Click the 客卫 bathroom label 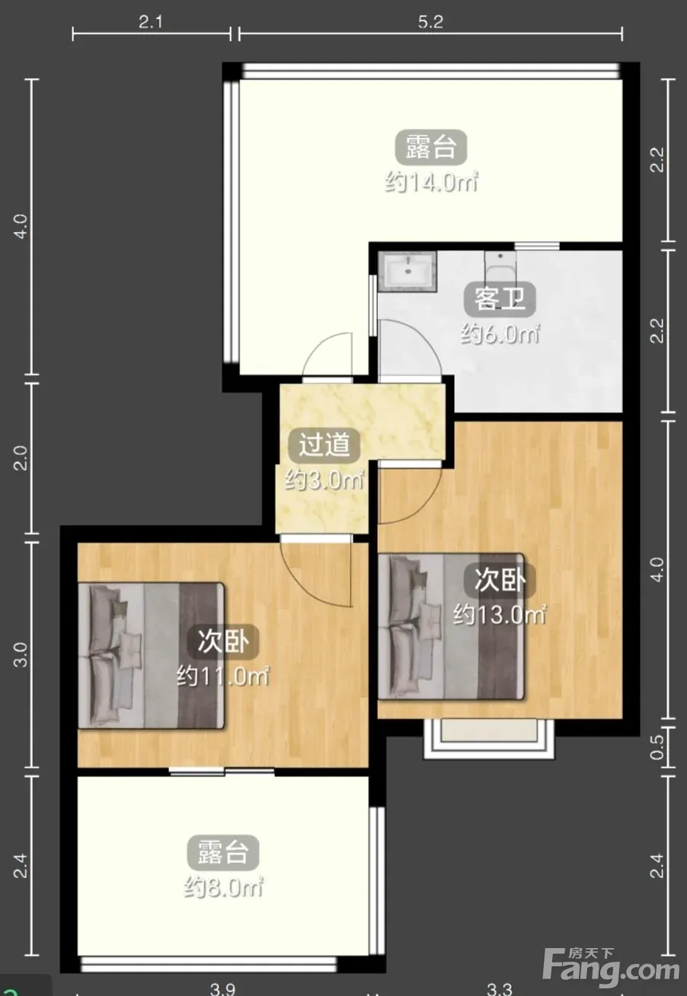tap(500, 299)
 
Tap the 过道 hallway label tap(324, 444)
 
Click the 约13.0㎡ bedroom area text tap(500, 615)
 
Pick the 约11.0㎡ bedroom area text tap(222, 676)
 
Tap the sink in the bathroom tap(407, 271)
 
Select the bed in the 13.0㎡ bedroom tap(451, 627)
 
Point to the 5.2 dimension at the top tap(430, 22)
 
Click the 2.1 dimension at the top tap(150, 22)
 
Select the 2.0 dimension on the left tap(21, 457)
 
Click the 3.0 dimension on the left tap(21, 654)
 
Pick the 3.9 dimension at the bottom tap(222, 988)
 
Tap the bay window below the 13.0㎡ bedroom tap(488, 739)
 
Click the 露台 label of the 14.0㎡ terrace tap(431, 147)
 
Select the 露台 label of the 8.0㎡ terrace tap(222, 853)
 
